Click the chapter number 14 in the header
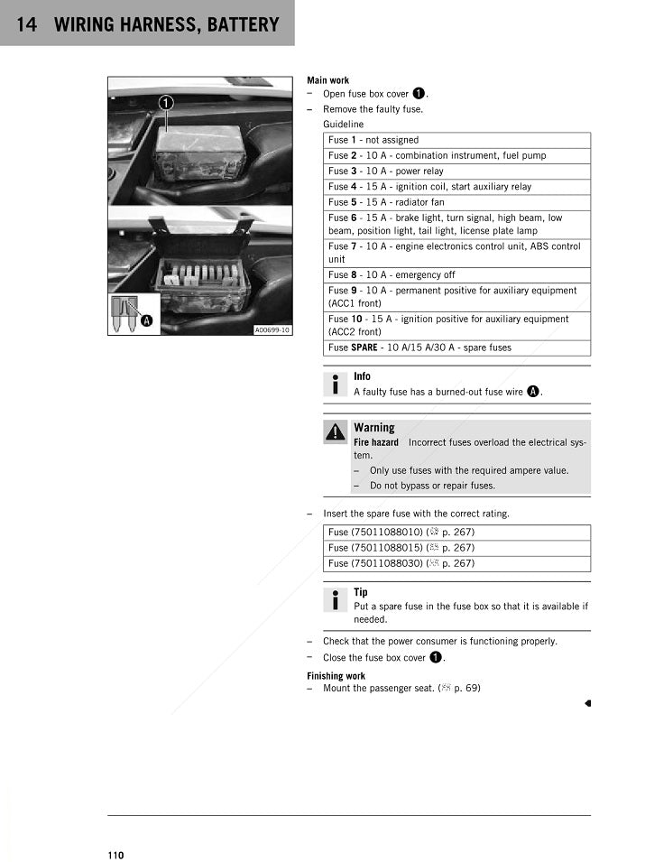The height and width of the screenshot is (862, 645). pyautogui.click(x=26, y=24)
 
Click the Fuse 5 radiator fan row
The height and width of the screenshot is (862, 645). pyautogui.click(x=456, y=202)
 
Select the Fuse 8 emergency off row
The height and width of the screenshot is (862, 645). pyautogui.click(x=456, y=274)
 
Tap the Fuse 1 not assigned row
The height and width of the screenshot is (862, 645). pyautogui.click(x=456, y=140)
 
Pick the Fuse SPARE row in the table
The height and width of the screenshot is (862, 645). pyautogui.click(x=456, y=347)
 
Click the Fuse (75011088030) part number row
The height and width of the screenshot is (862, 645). pyautogui.click(x=456, y=563)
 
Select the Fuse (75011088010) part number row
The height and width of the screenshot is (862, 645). pyautogui.click(x=456, y=533)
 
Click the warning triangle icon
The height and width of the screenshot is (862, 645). pyautogui.click(x=336, y=432)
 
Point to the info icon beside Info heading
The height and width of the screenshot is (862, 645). pyautogui.click(x=336, y=384)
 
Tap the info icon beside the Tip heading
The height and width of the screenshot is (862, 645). pyautogui.click(x=336, y=599)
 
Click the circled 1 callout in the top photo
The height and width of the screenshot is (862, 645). pyautogui.click(x=167, y=103)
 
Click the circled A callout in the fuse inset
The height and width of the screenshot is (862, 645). pyautogui.click(x=145, y=319)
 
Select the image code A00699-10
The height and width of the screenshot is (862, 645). pyautogui.click(x=272, y=330)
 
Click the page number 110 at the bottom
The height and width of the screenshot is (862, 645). pyautogui.click(x=115, y=855)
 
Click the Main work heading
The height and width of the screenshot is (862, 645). pyautogui.click(x=328, y=80)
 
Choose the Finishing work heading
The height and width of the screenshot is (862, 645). pyautogui.click(x=336, y=675)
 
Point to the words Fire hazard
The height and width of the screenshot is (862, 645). pyautogui.click(x=376, y=442)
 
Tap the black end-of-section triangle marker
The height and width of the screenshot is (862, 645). pyautogui.click(x=586, y=702)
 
